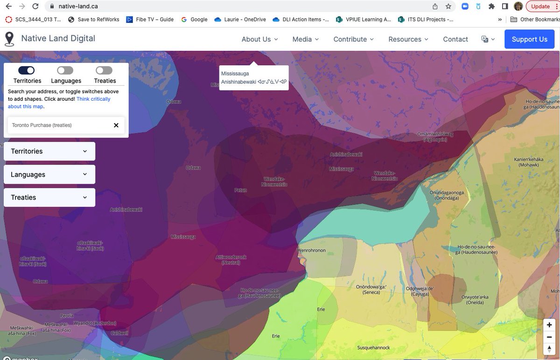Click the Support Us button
(x=529, y=39)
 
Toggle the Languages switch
(x=65, y=70)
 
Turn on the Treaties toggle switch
(x=104, y=70)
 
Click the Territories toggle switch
(x=27, y=70)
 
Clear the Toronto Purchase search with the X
(x=116, y=125)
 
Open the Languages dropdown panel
(x=49, y=174)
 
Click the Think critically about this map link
(x=59, y=103)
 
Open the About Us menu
(x=259, y=39)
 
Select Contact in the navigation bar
(x=455, y=39)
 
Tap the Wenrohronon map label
(x=311, y=250)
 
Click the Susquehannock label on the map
(x=373, y=348)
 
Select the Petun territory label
(x=241, y=190)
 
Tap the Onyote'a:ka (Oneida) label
(x=475, y=299)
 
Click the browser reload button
(x=35, y=7)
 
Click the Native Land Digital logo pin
(x=9, y=39)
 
